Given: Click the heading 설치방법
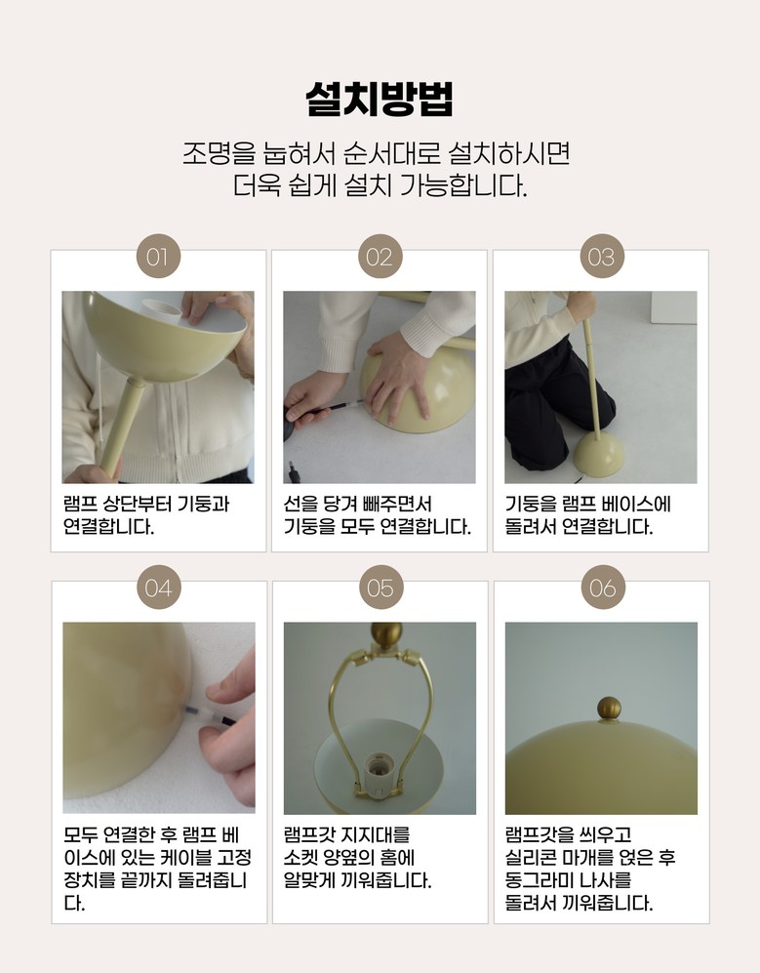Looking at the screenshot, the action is tap(380, 99).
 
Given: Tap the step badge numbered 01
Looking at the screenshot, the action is tap(158, 257).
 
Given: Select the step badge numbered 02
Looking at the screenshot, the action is tap(380, 257).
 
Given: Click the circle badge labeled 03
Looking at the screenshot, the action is tap(601, 257).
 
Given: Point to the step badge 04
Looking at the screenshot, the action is tap(159, 588).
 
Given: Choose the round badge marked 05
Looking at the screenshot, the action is tap(380, 588).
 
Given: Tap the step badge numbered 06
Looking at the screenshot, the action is tap(603, 588).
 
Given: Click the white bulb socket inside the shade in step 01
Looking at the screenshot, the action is tap(162, 311).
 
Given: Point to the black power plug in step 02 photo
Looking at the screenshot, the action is tap(294, 471).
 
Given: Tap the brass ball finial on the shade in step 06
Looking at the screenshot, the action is tap(609, 709).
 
